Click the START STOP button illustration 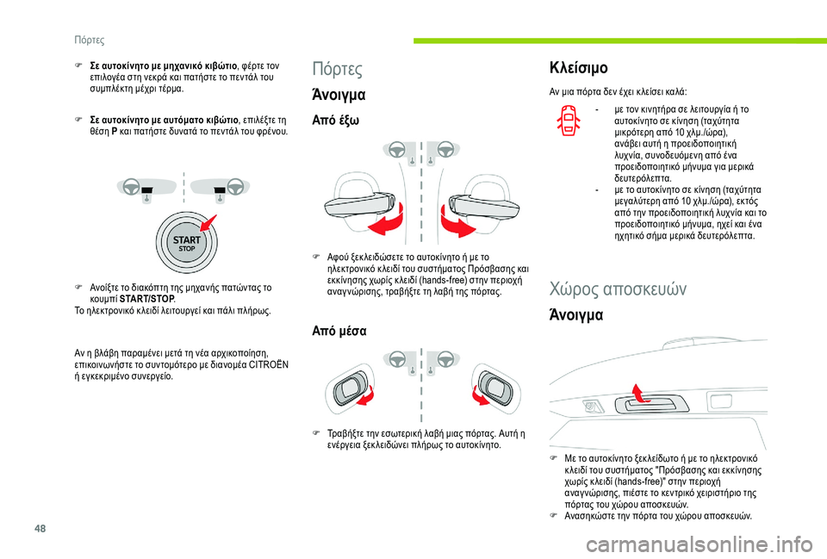[x=187, y=244]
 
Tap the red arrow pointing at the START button [x=208, y=223]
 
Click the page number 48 [x=40, y=528]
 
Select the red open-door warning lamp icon [x=568, y=121]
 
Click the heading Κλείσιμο [x=579, y=67]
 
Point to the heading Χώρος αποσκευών [x=618, y=289]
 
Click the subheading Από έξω [x=335, y=121]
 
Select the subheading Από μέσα [x=339, y=331]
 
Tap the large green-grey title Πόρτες [x=338, y=69]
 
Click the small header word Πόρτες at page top [x=89, y=40]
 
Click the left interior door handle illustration [x=349, y=388]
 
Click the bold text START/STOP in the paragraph [x=147, y=299]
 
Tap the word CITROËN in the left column [x=269, y=365]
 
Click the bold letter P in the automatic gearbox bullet [x=115, y=131]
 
